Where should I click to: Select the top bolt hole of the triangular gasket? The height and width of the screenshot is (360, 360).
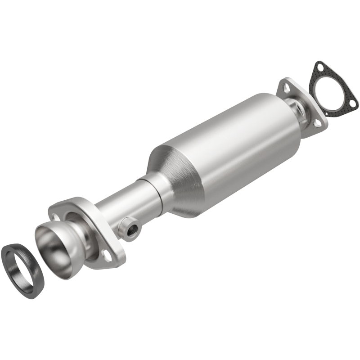click(x=319, y=67)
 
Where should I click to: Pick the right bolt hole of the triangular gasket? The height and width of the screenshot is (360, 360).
click(x=353, y=104)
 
